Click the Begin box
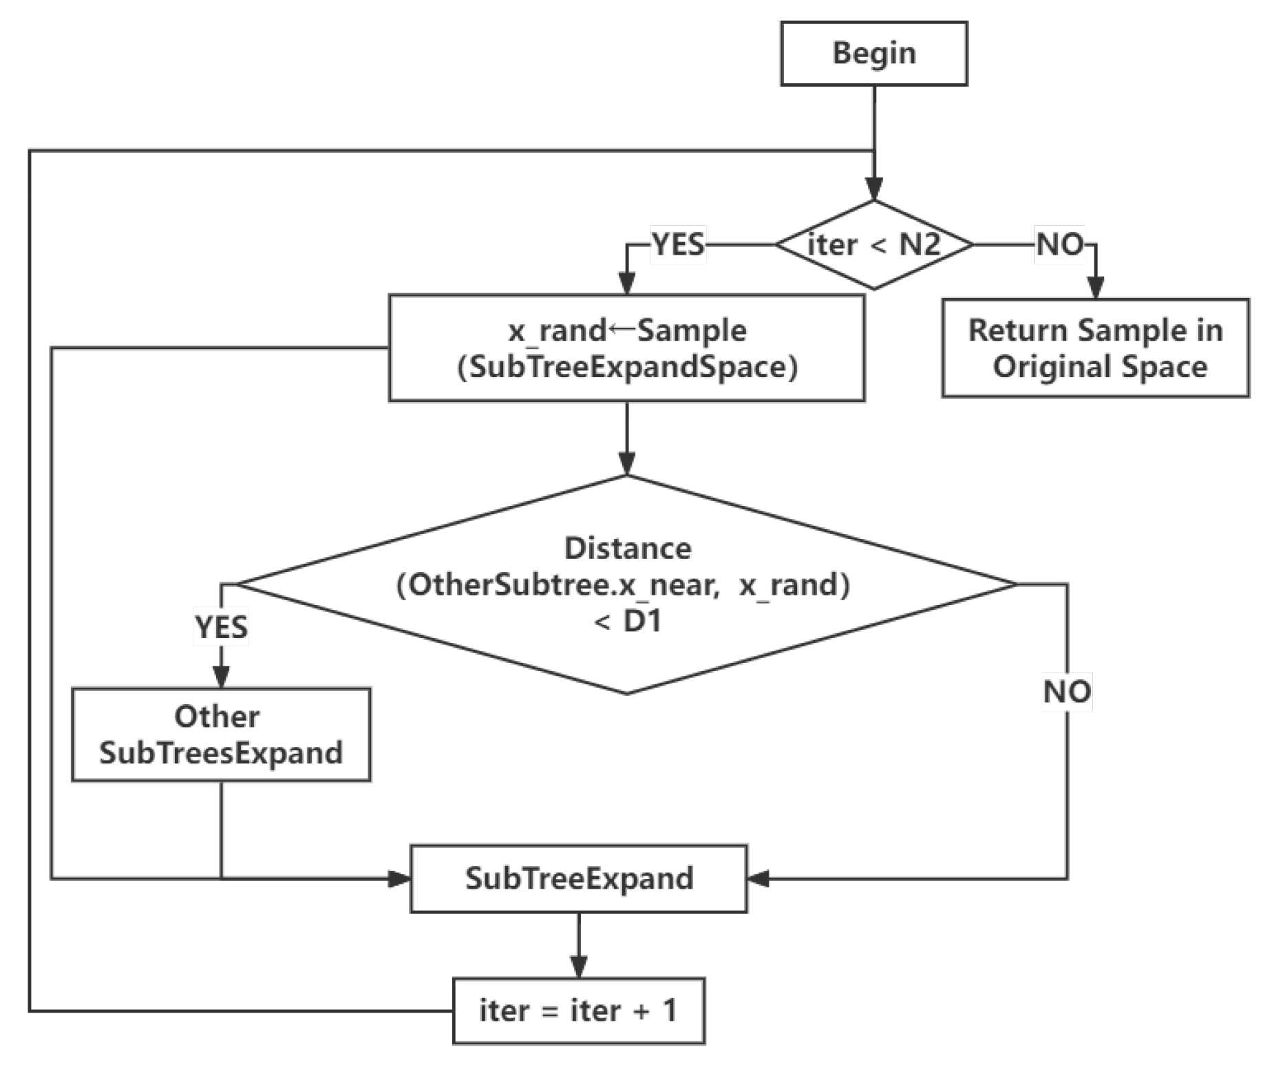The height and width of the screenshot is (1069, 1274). pyautogui.click(x=873, y=54)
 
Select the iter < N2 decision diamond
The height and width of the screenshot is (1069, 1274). pyautogui.click(x=873, y=245)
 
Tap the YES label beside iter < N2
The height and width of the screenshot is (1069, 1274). pyautogui.click(x=678, y=245)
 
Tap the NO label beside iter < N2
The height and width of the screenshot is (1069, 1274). pyautogui.click(x=1060, y=245)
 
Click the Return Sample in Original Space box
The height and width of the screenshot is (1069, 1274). pyautogui.click(x=1095, y=348)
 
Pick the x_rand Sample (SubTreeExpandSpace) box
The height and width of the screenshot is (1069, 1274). pyautogui.click(x=626, y=348)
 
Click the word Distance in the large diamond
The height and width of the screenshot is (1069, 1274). pyautogui.click(x=628, y=549)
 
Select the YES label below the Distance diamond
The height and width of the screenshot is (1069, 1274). pyautogui.click(x=221, y=627)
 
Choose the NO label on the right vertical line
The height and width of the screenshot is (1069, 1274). pyautogui.click(x=1067, y=692)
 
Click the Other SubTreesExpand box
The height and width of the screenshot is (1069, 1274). pyautogui.click(x=221, y=734)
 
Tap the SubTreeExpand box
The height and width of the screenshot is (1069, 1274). pyautogui.click(x=578, y=879)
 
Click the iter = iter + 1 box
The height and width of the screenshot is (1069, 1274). pyautogui.click(x=578, y=1010)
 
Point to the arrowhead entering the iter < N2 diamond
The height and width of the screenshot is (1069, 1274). pyautogui.click(x=873, y=189)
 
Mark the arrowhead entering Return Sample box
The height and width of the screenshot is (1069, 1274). pyautogui.click(x=1095, y=288)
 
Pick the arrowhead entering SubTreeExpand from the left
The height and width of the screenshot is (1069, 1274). pyautogui.click(x=399, y=879)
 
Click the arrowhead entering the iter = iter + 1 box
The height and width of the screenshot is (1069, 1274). pyautogui.click(x=579, y=966)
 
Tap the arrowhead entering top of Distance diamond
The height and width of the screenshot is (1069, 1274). pyautogui.click(x=626, y=464)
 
